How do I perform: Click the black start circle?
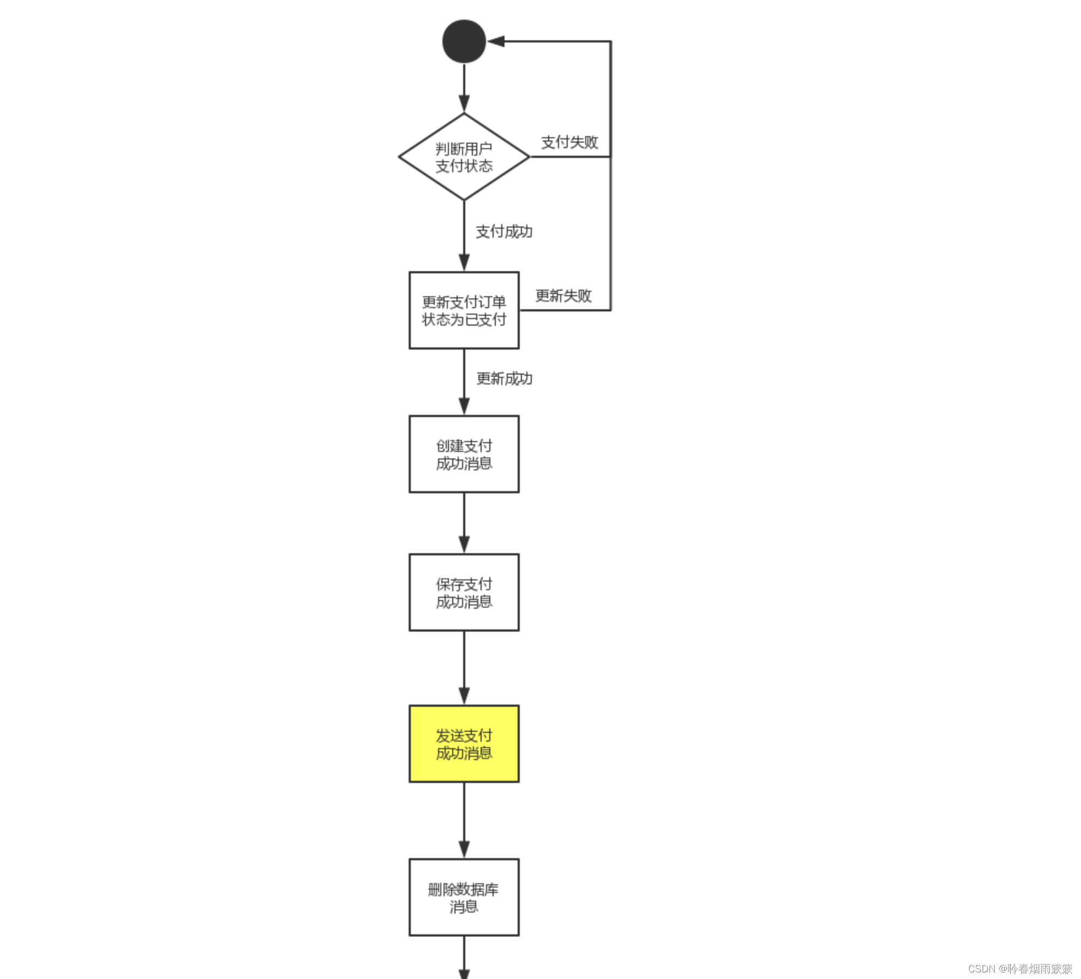[464, 41]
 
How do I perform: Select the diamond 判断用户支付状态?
[464, 157]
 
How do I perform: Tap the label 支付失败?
[569, 142]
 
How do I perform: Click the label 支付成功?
[504, 231]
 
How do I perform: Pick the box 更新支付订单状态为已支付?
[464, 310]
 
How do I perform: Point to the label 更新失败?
[563, 296]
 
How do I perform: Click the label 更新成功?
[505, 378]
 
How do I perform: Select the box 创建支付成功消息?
[464, 454]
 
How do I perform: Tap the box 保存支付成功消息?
[464, 592]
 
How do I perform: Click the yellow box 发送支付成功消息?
[464, 744]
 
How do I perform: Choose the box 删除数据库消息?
[464, 897]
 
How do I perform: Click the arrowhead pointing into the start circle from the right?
[496, 41]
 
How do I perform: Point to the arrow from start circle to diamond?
[464, 87]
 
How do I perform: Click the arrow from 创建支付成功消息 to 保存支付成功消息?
[464, 523]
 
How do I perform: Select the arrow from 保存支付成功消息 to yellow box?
[464, 668]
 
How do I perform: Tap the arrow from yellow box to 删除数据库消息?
[464, 820]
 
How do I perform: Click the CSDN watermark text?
[1020, 969]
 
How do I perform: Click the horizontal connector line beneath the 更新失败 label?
[564, 310]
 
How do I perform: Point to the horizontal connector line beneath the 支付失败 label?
[570, 157]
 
